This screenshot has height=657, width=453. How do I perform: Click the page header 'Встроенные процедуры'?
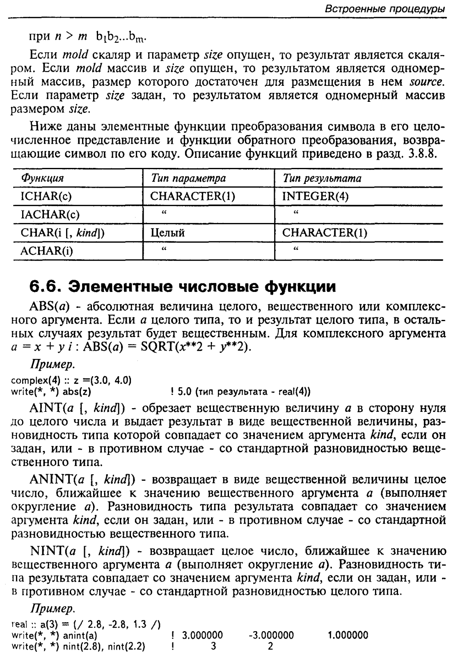click(x=385, y=9)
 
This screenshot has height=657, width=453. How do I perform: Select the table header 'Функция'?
click(x=42, y=178)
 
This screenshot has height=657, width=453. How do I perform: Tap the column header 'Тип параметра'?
click(x=188, y=178)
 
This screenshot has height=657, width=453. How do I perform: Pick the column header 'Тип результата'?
click(x=322, y=178)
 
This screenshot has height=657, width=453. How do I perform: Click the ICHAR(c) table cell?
click(x=46, y=196)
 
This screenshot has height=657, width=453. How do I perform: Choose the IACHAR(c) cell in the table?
click(x=50, y=214)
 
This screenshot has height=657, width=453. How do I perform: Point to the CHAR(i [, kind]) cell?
click(x=62, y=233)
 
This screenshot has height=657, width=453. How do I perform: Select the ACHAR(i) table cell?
click(x=46, y=250)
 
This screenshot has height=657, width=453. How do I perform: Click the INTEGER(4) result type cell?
click(x=315, y=196)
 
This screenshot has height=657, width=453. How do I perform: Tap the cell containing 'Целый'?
click(x=167, y=233)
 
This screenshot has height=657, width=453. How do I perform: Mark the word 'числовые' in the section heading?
click(x=222, y=286)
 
